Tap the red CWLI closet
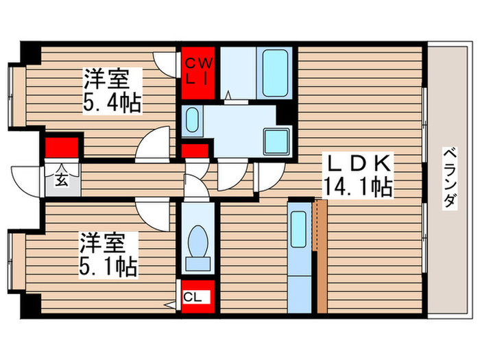200,71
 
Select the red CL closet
198,297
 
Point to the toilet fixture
199,248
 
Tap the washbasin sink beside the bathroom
192,121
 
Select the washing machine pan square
277,141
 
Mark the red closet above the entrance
61,147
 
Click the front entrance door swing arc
27,180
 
